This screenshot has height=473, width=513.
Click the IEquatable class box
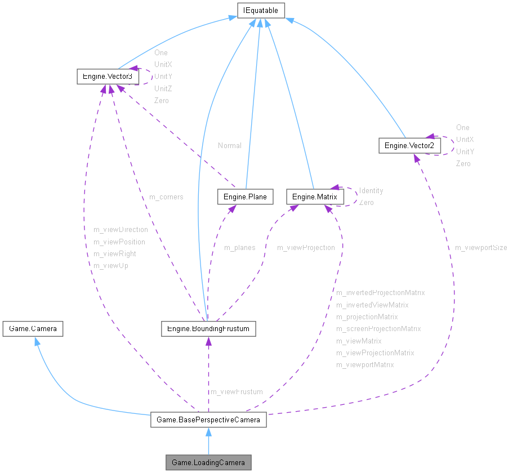(261, 10)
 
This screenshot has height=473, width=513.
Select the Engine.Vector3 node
(108, 76)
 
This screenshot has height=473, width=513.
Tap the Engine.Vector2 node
(409, 146)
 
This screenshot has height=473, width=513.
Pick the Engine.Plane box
(245, 197)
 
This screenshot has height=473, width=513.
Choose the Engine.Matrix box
(315, 197)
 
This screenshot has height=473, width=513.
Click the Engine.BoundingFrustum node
(208, 328)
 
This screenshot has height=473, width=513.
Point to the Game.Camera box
(33, 328)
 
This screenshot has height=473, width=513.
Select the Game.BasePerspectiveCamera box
(208, 420)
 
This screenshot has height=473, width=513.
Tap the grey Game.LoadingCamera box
(208, 462)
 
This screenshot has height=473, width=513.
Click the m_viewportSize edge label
(481, 247)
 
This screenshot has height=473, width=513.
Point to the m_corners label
(166, 197)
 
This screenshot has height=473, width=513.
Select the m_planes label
(240, 247)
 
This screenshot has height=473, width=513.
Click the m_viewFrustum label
(237, 391)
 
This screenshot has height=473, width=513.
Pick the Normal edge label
(230, 145)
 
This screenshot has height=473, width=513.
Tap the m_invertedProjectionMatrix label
(380, 293)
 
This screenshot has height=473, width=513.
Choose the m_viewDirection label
(121, 230)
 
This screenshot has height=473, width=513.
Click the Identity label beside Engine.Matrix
(371, 191)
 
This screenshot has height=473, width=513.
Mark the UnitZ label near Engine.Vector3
(163, 88)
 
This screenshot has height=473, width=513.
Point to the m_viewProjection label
(306, 247)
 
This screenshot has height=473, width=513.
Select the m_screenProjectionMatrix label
(378, 329)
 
